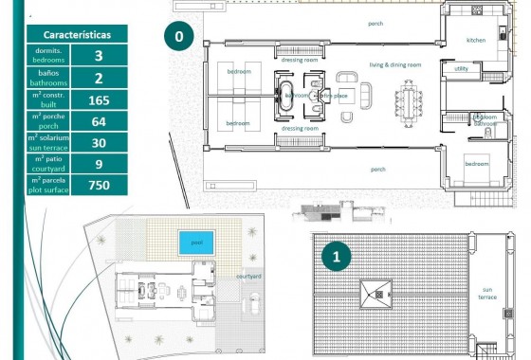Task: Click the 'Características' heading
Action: pyautogui.click(x=77, y=34)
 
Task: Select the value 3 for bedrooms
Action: pyautogui.click(x=99, y=56)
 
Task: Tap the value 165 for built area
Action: pyautogui.click(x=99, y=99)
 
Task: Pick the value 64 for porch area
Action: pyautogui.click(x=99, y=121)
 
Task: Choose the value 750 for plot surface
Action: pyautogui.click(x=99, y=186)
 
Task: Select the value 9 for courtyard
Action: pyautogui.click(x=99, y=164)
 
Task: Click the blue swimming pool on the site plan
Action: pyautogui.click(x=195, y=243)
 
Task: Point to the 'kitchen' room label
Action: pyautogui.click(x=475, y=41)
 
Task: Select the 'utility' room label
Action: pyautogui.click(x=461, y=68)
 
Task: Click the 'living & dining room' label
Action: pyautogui.click(x=395, y=64)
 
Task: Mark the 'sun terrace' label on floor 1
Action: pyautogui.click(x=487, y=294)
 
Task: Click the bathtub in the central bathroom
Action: pyautogui.click(x=287, y=95)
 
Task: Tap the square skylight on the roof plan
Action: pyautogui.click(x=375, y=294)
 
